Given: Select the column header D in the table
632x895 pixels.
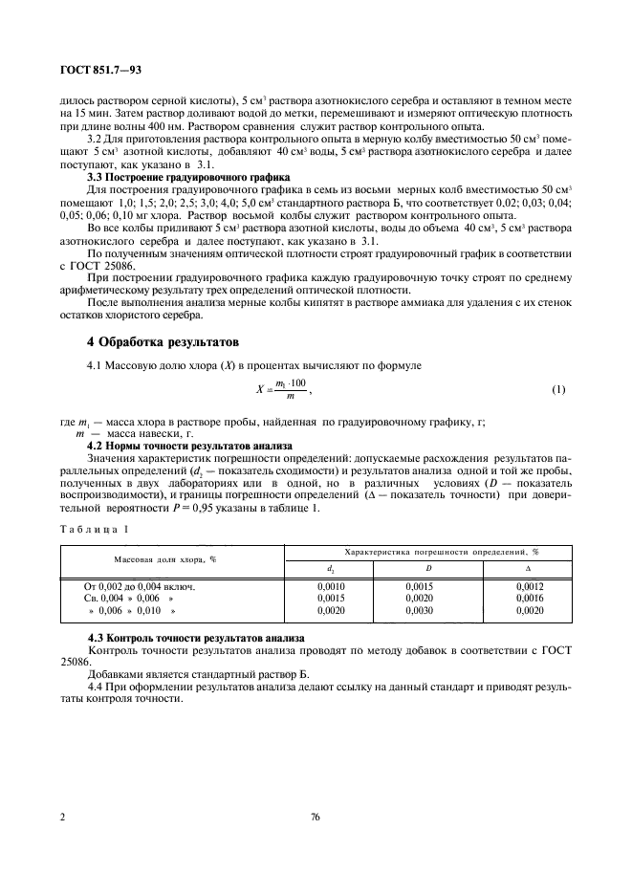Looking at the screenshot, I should (415, 569).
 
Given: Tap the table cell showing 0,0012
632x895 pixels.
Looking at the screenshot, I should (529, 586).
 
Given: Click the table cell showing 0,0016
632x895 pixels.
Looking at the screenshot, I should (529, 598).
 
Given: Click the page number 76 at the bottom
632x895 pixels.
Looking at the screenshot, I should (316, 818).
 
